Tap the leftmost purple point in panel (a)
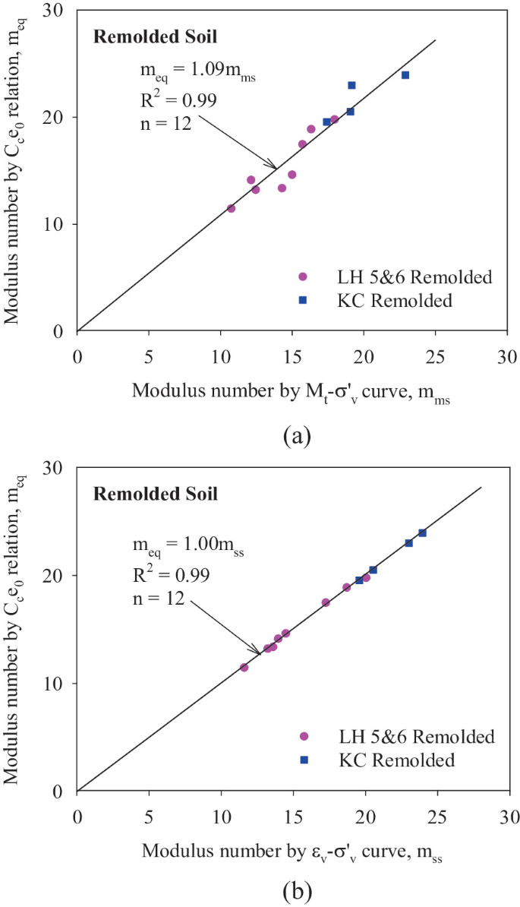232,208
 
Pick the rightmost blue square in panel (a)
405,74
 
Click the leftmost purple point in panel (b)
244,667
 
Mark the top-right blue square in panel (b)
422,533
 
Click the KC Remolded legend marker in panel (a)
302,300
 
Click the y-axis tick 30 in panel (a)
61,11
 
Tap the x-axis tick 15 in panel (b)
293,807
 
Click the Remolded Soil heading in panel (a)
156,36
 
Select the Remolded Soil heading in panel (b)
156,495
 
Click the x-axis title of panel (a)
291,391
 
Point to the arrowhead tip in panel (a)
276,168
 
